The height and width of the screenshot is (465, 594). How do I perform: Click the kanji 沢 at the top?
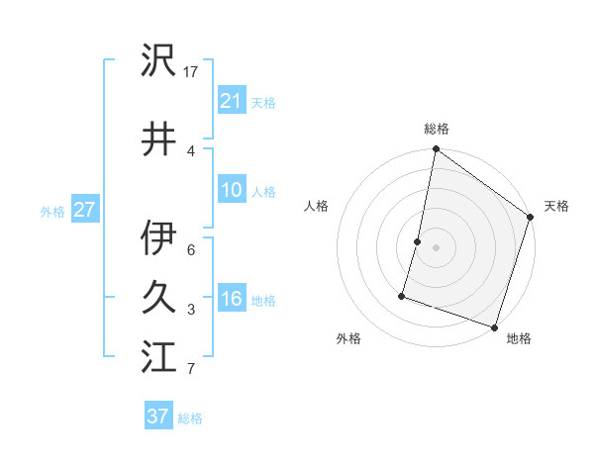(158, 61)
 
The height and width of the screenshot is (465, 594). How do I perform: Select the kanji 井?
(158, 139)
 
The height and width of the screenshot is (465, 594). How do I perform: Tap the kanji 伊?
(158, 238)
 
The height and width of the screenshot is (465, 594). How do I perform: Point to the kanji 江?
(158, 356)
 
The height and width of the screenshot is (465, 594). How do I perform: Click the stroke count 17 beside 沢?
(192, 72)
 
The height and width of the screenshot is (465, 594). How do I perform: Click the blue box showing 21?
(231, 101)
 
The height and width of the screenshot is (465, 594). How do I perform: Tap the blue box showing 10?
(231, 190)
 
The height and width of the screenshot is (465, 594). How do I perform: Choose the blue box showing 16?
(231, 300)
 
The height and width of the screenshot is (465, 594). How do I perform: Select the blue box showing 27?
(84, 210)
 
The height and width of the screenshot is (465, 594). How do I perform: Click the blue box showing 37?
(157, 417)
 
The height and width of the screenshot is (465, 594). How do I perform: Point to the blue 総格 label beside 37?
(190, 418)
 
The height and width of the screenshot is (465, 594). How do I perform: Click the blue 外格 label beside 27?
(52, 211)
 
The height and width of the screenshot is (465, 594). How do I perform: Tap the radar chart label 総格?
(437, 129)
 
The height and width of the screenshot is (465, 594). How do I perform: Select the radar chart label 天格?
(556, 206)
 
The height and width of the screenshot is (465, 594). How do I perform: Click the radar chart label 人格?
(317, 206)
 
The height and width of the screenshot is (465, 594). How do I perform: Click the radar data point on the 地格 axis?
(494, 326)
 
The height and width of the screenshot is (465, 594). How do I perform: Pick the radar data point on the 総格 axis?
(436, 150)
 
